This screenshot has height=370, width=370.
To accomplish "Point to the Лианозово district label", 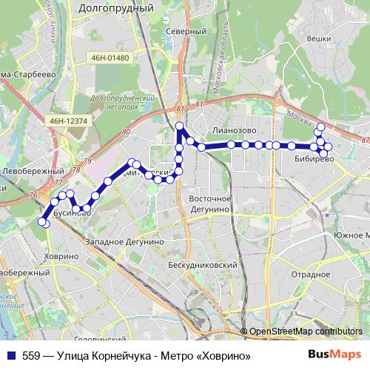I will pos(234,129).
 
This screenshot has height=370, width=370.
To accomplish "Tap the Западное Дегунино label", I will pos(124,242).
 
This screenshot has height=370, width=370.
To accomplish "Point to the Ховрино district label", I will pos(61,255).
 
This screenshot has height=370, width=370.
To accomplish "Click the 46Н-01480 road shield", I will pos(112,58).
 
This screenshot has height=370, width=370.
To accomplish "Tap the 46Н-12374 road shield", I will pos(69,120).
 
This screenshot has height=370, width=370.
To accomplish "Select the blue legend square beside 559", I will pos(12,356).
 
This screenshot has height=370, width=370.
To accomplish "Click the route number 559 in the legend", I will pos(31,356).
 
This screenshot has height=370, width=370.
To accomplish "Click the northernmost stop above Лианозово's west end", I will pos(179,127).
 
